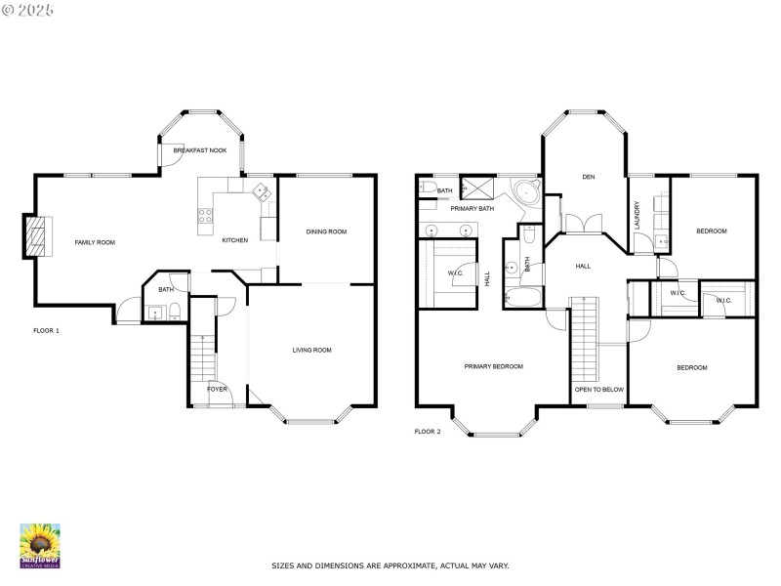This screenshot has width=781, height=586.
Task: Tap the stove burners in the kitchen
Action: pyautogui.click(x=206, y=217)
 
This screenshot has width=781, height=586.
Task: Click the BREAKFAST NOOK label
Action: pyautogui.click(x=199, y=151)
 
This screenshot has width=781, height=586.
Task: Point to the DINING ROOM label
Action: pyautogui.click(x=326, y=231)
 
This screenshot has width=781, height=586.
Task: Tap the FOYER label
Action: pyautogui.click(x=217, y=389)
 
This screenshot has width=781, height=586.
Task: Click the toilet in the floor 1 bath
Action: pyautogui.click(x=173, y=312)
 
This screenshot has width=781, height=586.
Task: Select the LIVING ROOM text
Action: pyautogui.click(x=312, y=350)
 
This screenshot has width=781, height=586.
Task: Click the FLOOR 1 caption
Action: pyautogui.click(x=46, y=331)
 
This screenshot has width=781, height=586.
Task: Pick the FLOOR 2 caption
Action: pyautogui.click(x=428, y=431)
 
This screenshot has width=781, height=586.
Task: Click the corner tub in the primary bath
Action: pyautogui.click(x=527, y=191)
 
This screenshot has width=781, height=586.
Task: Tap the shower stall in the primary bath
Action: pyautogui.click(x=477, y=188)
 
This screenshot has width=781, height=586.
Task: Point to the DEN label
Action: pyautogui.click(x=588, y=177)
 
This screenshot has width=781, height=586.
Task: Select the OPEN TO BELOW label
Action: pyautogui.click(x=598, y=389)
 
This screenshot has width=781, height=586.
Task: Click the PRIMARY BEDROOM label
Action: pyautogui.click(x=493, y=366)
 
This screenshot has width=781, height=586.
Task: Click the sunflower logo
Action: pyautogui.click(x=40, y=545)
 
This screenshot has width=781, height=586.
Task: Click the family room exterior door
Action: pyautogui.click(x=127, y=314)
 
